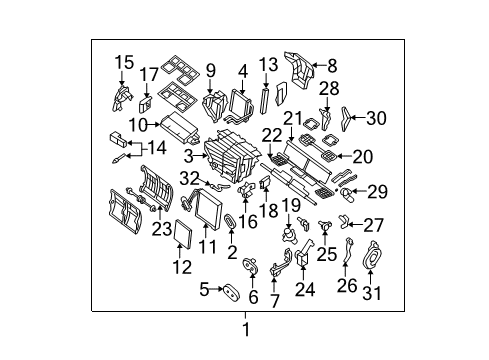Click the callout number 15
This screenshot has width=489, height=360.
(123, 62)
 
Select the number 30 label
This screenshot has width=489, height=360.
(375, 117)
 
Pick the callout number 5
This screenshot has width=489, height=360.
(204, 291)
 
